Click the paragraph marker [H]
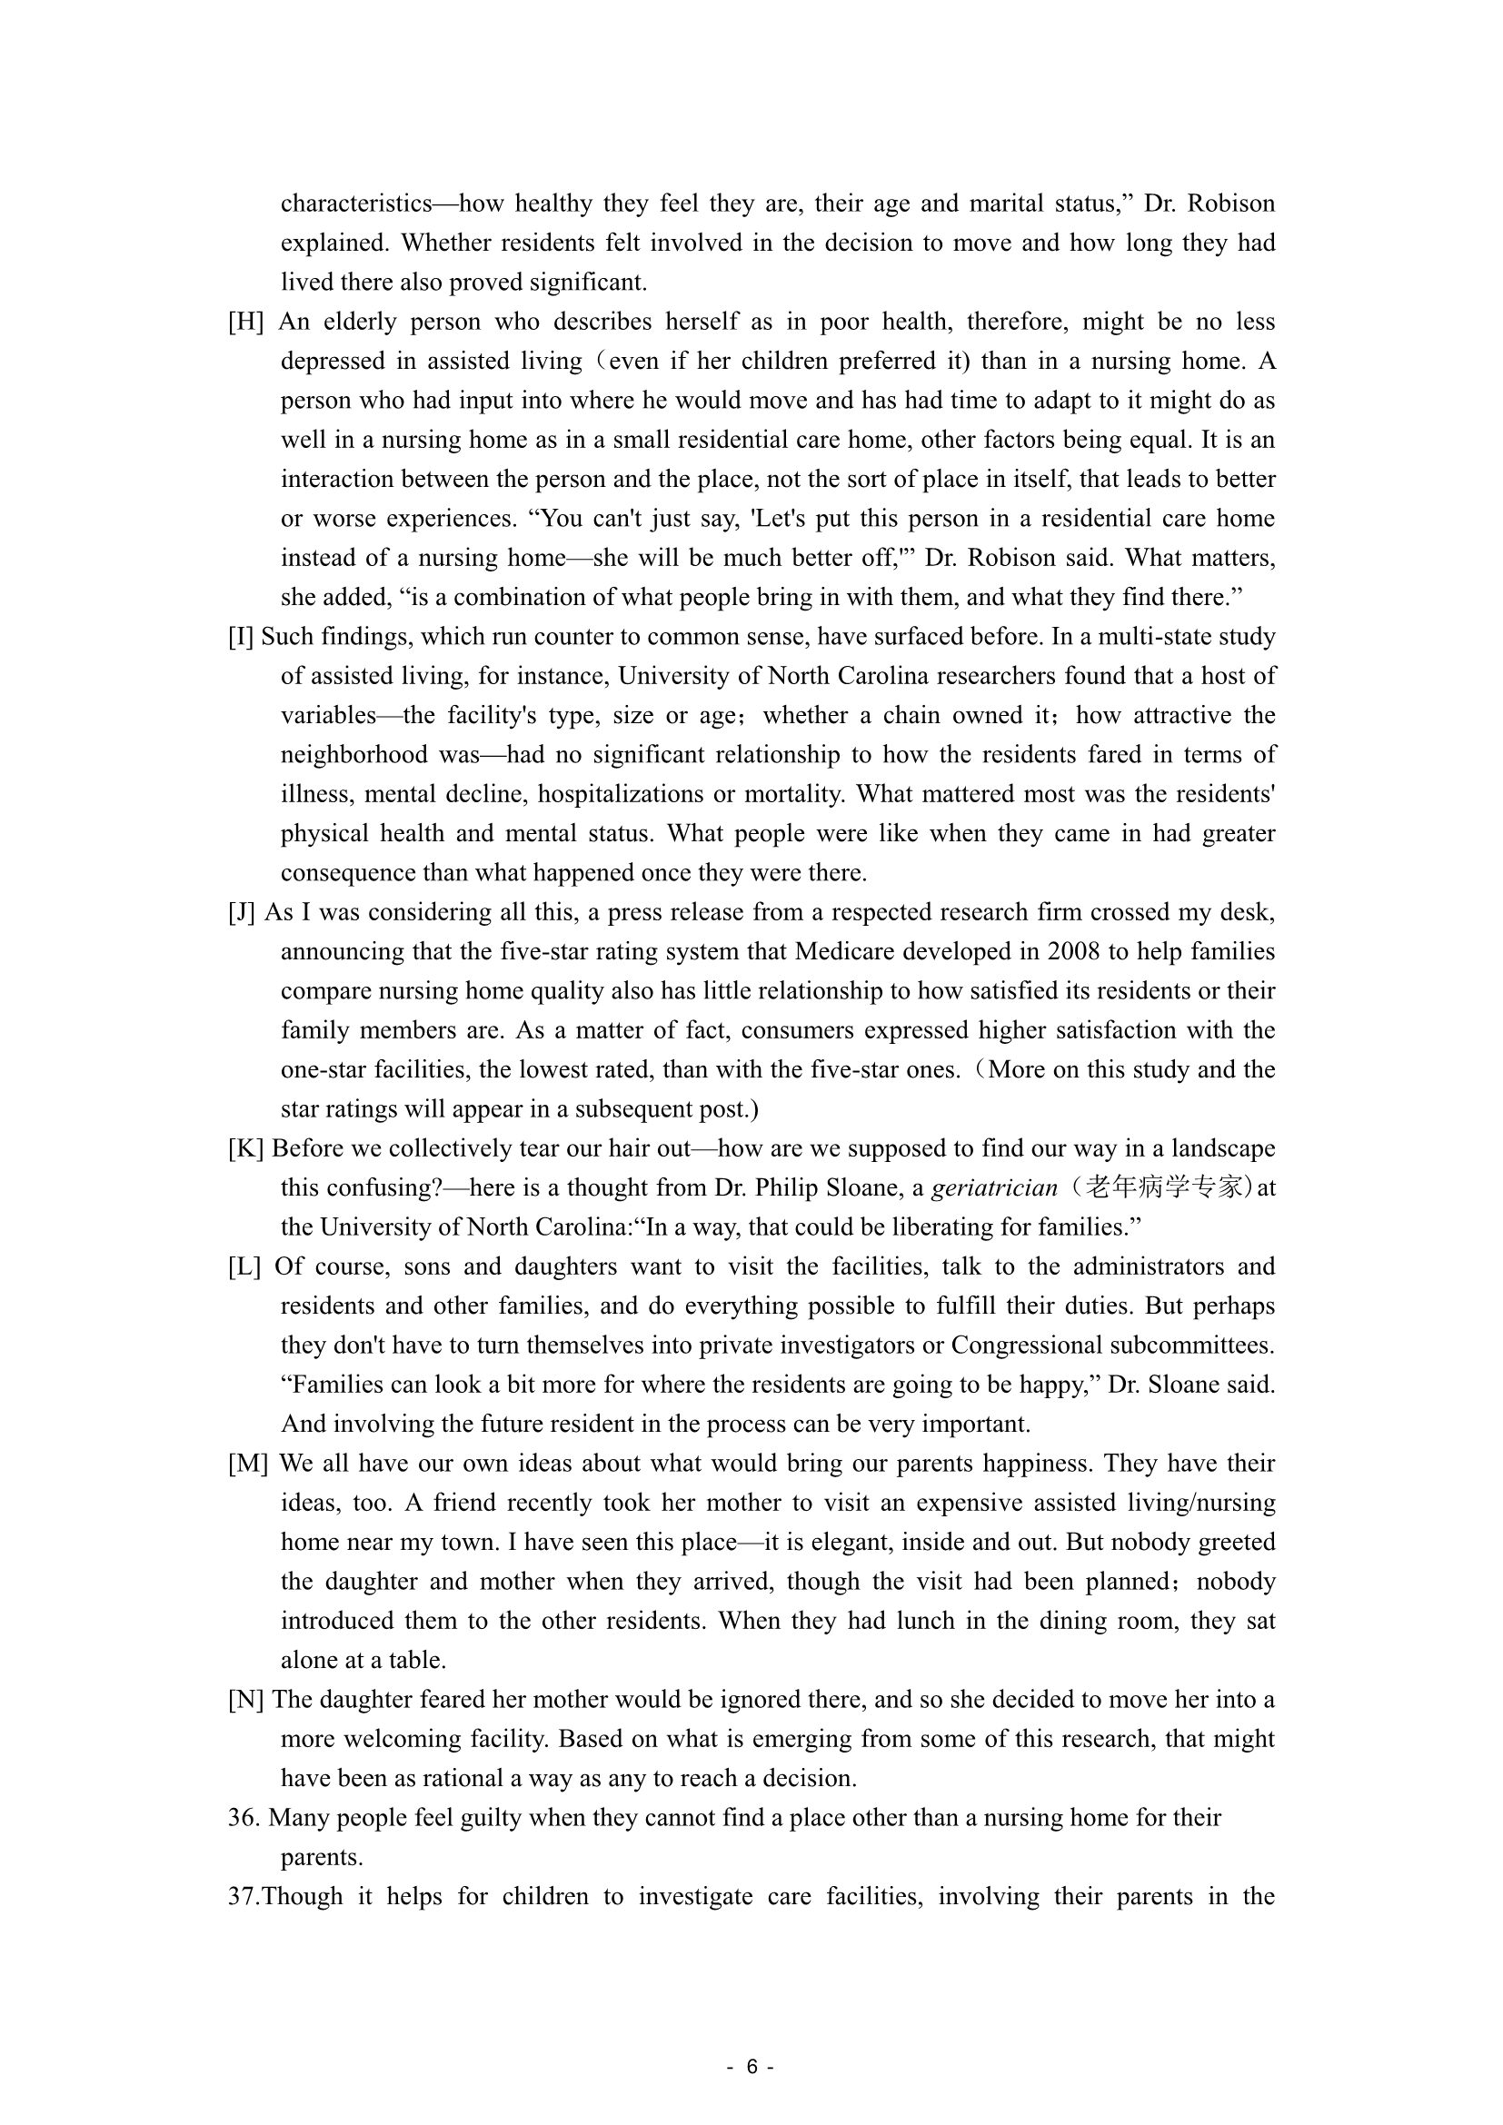click(x=245, y=323)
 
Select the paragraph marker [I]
click(x=241, y=637)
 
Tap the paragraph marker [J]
click(x=242, y=912)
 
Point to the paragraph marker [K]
click(x=245, y=1148)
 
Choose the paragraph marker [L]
click(x=244, y=1267)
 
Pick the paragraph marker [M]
click(x=248, y=1464)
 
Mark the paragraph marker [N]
click(x=246, y=1700)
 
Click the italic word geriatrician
click(x=994, y=1188)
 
